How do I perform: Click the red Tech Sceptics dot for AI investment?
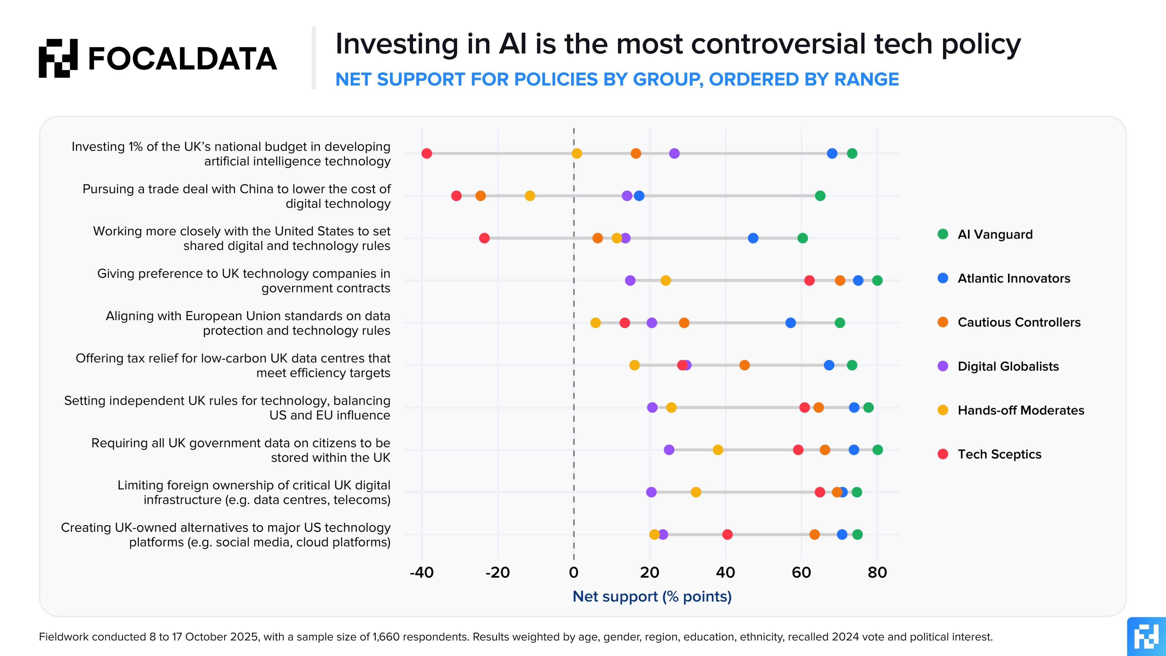(426, 153)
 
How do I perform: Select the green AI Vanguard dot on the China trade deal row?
(820, 196)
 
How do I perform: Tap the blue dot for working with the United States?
(753, 238)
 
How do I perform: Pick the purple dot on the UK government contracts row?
(630, 280)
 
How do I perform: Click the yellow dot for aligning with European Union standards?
(595, 323)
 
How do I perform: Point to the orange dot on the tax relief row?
(744, 365)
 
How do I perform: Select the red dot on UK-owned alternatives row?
(727, 534)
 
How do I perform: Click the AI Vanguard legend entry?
(995, 234)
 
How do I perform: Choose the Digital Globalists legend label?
(1008, 366)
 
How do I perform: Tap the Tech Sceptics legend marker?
(943, 454)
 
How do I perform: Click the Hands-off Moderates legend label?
(1021, 410)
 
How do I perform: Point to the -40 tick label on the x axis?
(422, 573)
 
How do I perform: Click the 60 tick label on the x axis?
(801, 573)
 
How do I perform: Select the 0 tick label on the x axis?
(573, 573)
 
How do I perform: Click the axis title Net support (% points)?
(652, 597)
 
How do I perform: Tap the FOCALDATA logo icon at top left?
(58, 58)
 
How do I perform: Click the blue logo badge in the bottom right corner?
(1146, 636)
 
